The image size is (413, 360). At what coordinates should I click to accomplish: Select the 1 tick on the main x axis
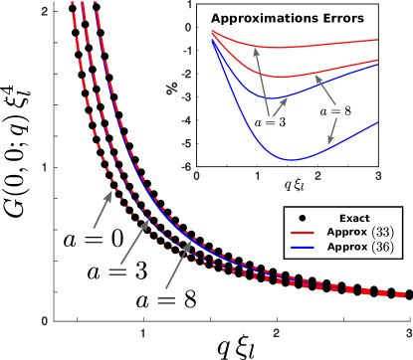[144, 332]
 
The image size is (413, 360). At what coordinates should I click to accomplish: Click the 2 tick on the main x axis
[277, 332]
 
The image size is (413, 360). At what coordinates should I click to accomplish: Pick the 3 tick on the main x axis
[408, 332]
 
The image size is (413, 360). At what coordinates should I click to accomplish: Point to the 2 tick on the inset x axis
[317, 176]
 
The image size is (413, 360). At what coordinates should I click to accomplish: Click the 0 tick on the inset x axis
[198, 176]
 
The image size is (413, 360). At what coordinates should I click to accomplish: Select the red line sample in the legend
[303, 234]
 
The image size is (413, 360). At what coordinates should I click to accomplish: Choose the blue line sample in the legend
[303, 246]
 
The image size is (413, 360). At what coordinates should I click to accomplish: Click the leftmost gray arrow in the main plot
[103, 210]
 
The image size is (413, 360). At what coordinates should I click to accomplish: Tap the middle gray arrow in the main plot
[135, 241]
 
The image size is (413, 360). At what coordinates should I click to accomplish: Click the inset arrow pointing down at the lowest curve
[333, 130]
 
